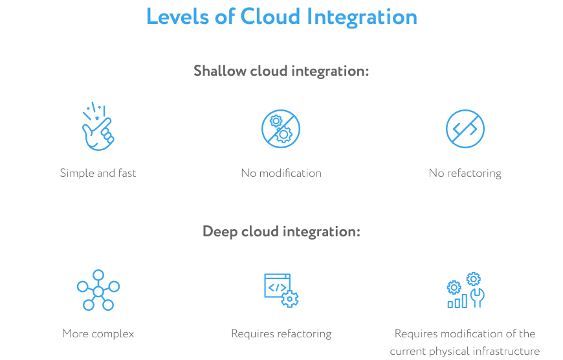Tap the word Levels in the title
coord(178,17)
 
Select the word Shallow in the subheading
coord(220,71)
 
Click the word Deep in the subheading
coord(220,231)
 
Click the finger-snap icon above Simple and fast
coord(98,126)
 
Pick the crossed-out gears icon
coord(281,129)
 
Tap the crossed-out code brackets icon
coord(465,129)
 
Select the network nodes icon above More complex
coord(98,290)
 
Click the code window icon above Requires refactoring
coord(281,290)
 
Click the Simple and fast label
coord(98,173)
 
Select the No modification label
coord(281,173)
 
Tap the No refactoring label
coord(465,173)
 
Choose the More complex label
coord(98,333)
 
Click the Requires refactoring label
coord(281,333)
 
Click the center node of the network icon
coord(98,291)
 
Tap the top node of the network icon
coord(98,275)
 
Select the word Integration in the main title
coord(362,17)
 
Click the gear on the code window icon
coord(290,299)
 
